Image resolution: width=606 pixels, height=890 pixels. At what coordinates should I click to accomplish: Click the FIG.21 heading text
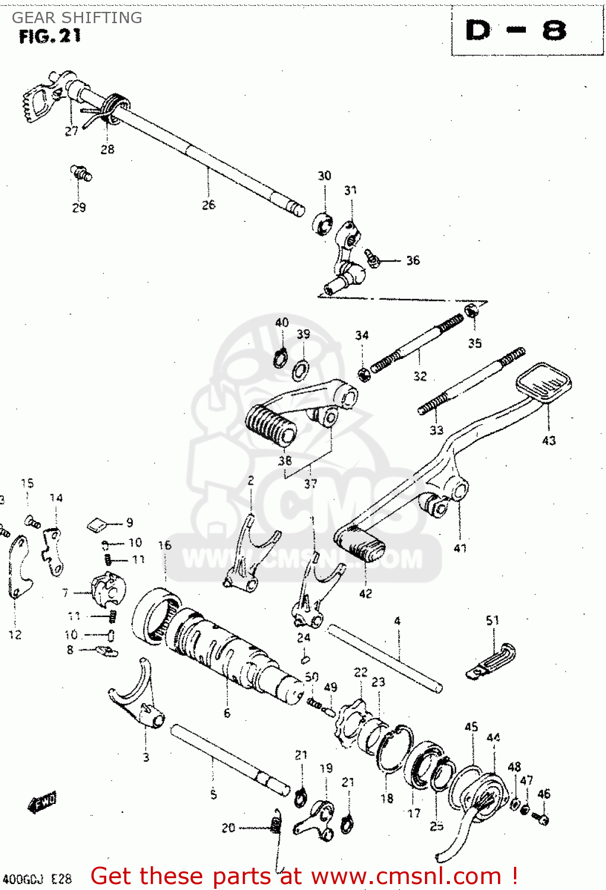point(50,37)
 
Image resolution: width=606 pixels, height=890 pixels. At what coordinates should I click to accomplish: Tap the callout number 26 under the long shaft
point(208,205)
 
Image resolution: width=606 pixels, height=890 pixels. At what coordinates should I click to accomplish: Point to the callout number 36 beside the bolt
point(413,260)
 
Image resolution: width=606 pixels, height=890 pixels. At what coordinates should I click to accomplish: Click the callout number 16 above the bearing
point(164,545)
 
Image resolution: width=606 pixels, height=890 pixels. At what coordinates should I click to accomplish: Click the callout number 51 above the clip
point(492,621)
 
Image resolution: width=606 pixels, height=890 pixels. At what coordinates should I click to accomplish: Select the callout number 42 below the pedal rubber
point(366,593)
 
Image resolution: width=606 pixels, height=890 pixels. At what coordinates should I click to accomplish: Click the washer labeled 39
point(301,371)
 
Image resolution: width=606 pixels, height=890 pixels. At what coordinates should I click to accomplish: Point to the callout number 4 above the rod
point(397,621)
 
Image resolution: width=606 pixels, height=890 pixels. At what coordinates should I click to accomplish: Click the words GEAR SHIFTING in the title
point(77,18)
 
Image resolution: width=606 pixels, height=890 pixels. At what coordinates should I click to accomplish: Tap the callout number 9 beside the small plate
point(129,523)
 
